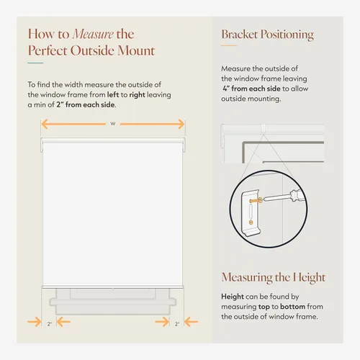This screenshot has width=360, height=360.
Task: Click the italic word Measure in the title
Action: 93,34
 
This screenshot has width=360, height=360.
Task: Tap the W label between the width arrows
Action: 113,124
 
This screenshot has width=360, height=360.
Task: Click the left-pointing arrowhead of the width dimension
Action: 44,124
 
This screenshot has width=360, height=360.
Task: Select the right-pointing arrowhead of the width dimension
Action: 181,124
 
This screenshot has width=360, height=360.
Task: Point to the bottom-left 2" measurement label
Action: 50,324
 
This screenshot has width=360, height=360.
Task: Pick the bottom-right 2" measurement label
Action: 177,324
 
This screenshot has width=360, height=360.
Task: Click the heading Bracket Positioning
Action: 267,35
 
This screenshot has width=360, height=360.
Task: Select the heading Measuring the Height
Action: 274,277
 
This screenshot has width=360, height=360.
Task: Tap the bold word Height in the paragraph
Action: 233,297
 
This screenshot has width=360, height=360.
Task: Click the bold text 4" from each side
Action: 251,89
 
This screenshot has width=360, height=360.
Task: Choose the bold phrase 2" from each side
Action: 86,104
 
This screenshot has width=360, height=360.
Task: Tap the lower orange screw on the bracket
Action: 251,222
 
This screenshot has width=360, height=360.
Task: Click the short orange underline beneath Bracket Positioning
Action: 229,45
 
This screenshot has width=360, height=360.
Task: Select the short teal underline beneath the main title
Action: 35,63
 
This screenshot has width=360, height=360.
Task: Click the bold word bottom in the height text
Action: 292,307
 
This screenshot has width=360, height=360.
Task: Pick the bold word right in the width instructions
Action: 137,95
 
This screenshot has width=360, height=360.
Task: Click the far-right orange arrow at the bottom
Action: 191,322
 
